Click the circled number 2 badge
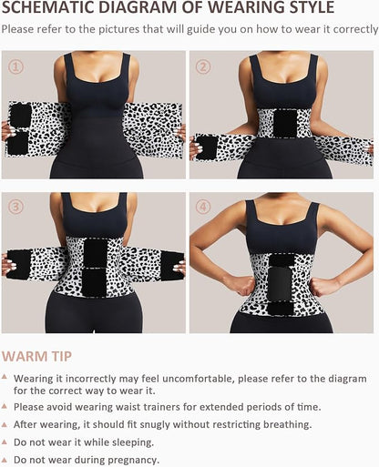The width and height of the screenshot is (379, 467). tap(204, 66)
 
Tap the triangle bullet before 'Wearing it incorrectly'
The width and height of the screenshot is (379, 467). tap(7, 378)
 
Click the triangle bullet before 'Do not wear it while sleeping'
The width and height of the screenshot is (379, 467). tap(7, 442)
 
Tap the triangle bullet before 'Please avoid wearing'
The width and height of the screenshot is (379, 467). tap(7, 407)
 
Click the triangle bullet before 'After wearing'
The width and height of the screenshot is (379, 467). tap(7, 424)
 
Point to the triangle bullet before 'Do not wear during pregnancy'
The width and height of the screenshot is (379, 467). tap(7, 459)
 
